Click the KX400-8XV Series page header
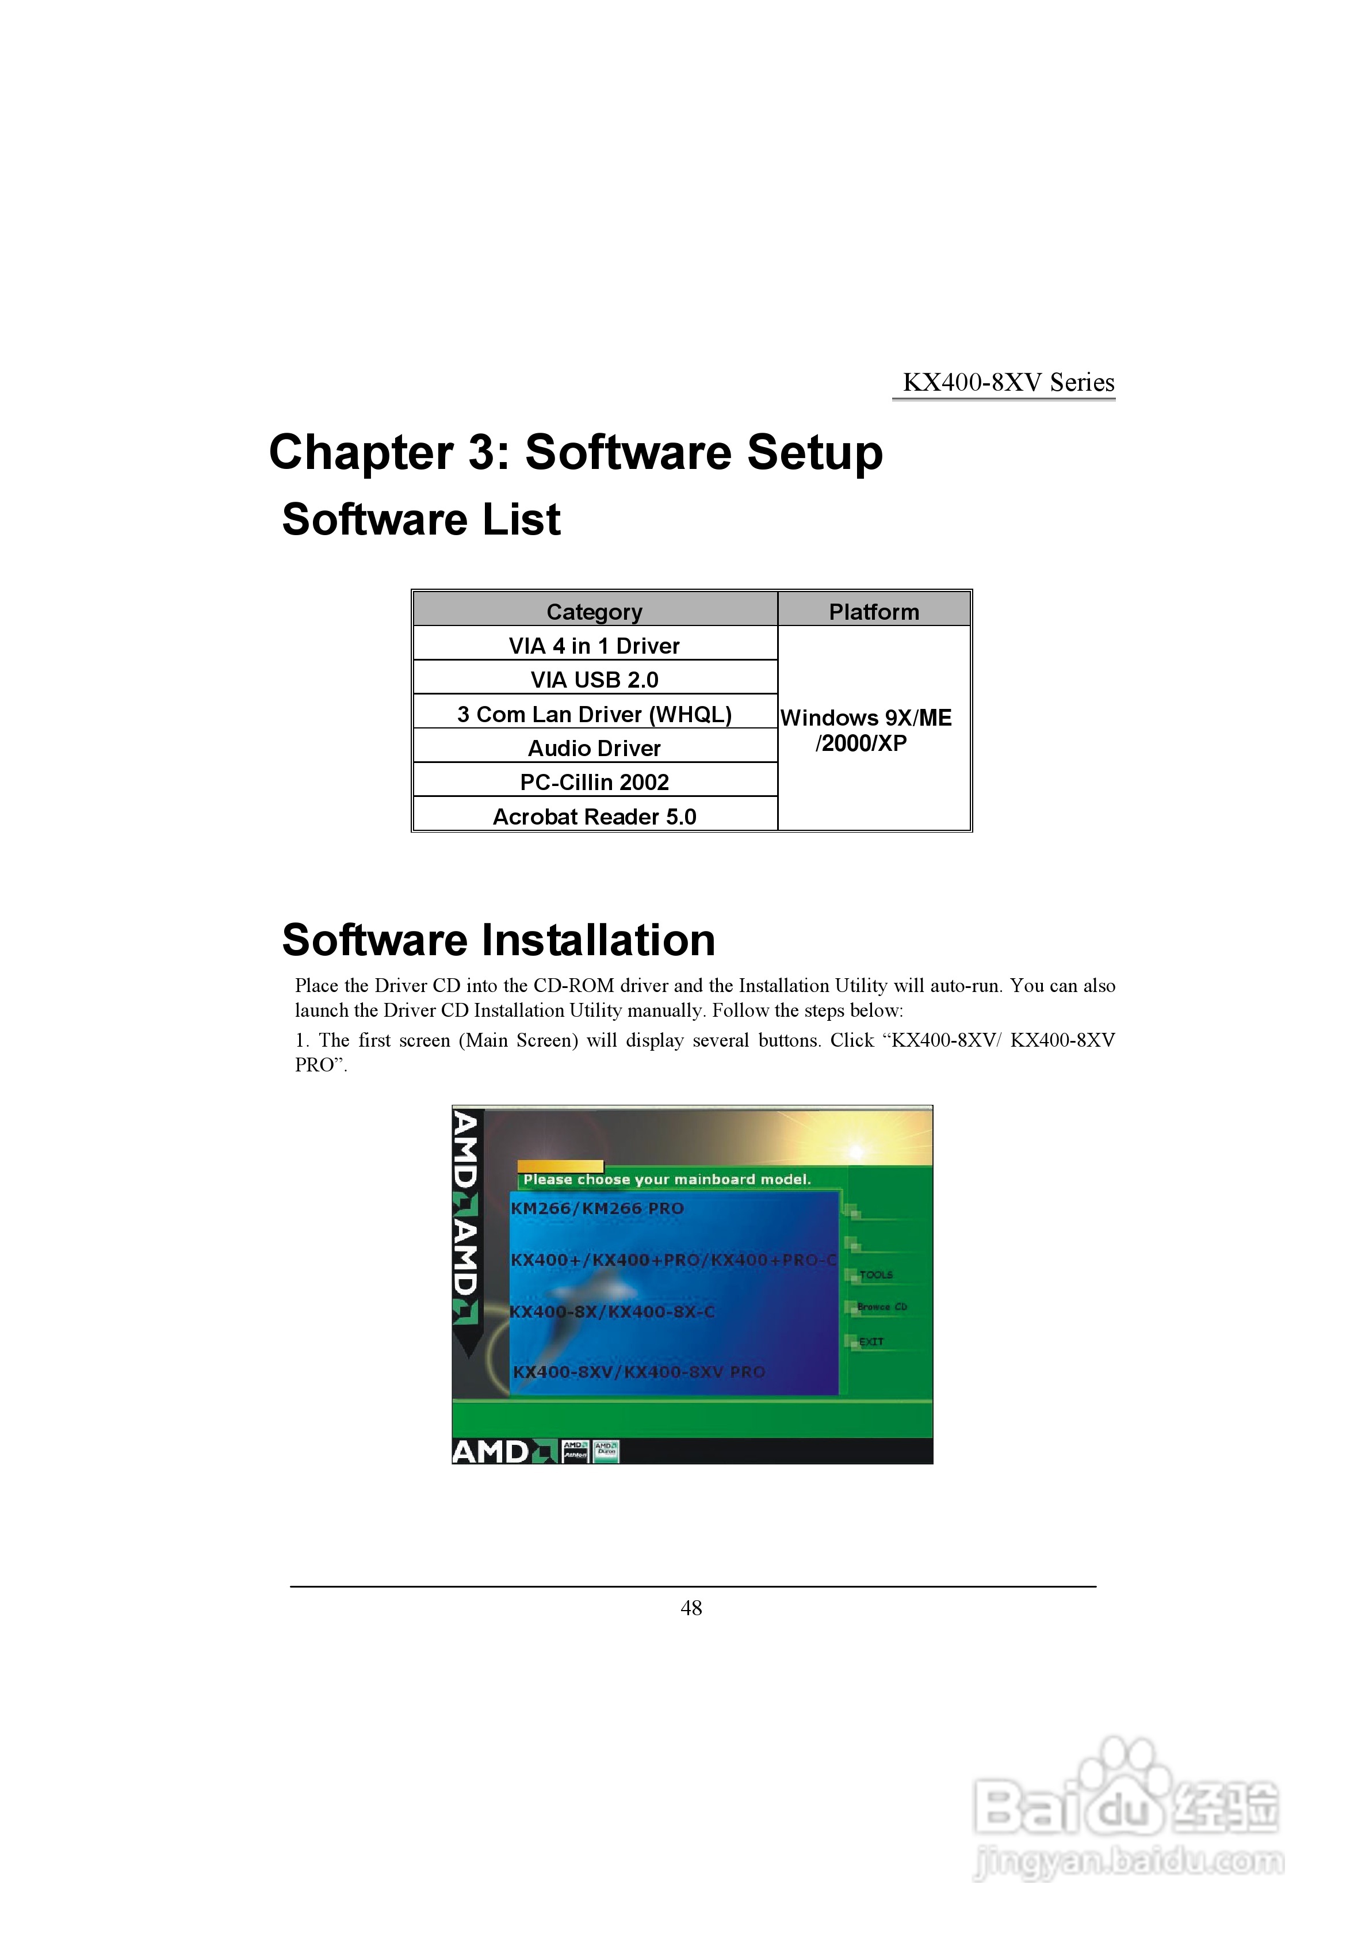tap(1008, 383)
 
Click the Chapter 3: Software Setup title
tap(576, 452)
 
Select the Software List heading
tap(421, 519)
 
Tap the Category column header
tap(594, 611)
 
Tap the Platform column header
tap(874, 611)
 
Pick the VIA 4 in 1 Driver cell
tap(594, 646)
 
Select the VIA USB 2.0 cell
tap(594, 680)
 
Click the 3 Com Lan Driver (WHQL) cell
tap(594, 714)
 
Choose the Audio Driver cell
tap(594, 748)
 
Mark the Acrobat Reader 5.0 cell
tap(594, 816)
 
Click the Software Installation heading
tap(499, 940)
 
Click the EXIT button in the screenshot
tap(870, 1341)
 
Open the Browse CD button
tap(881, 1307)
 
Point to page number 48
tap(691, 1608)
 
